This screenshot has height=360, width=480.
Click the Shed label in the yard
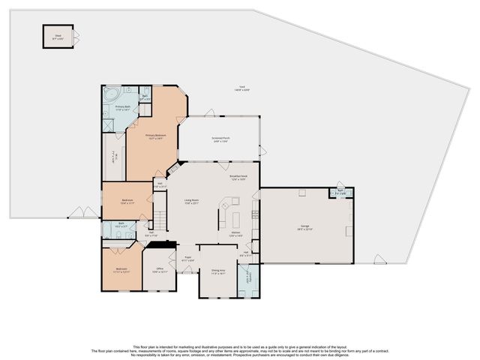point(58,34)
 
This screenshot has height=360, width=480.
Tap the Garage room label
point(304,226)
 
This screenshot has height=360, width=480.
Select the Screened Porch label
point(219,139)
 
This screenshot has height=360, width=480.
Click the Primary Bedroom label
point(156,136)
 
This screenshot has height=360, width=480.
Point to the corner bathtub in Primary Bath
point(112,96)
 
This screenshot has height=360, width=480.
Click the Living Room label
point(192,201)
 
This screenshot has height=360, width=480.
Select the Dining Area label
point(218,273)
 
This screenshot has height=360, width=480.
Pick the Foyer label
point(188,258)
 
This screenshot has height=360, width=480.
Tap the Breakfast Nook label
point(238,178)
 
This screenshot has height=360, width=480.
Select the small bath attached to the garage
point(340,193)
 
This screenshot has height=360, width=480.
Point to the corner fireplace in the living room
point(174,166)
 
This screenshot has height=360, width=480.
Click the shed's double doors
point(76,35)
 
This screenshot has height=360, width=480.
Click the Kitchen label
point(235,234)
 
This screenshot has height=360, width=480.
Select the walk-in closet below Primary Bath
point(113,156)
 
